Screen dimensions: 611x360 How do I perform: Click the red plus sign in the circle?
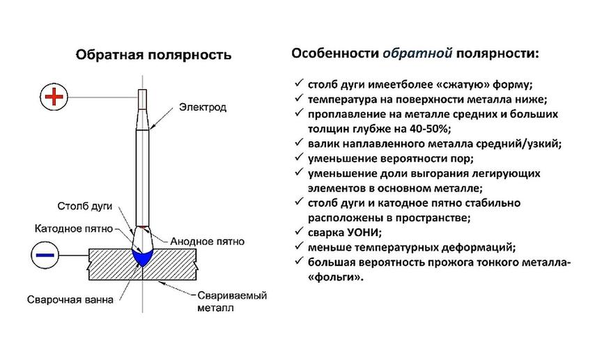pos(54,97)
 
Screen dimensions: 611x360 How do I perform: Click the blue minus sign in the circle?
pos(45,255)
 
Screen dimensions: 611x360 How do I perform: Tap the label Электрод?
pos(203,107)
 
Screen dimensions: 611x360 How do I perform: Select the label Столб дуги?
pos(84,205)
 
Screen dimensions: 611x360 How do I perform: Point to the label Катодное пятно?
pos(74,228)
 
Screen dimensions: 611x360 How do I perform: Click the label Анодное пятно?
pos(208,242)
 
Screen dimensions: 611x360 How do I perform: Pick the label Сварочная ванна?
pos(70,299)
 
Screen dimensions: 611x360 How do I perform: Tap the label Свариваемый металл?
pos(232,302)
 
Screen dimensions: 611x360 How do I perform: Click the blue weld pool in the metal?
pos(143,257)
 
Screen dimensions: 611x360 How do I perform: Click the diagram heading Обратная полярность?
pos(153,54)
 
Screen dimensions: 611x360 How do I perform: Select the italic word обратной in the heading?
pos(417,53)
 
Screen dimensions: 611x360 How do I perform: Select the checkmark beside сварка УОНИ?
pos(299,230)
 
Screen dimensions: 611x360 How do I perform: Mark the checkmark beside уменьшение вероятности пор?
pos(299,157)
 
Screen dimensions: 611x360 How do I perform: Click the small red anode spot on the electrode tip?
pos(143,227)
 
